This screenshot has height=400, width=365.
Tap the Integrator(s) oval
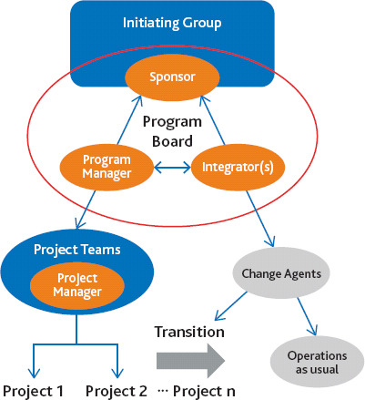[x=236, y=167]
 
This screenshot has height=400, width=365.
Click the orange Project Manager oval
[x=77, y=283]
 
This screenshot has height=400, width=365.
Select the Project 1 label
[x=33, y=390]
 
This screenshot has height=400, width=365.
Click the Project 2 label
[x=117, y=390]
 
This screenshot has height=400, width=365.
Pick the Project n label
[x=203, y=390]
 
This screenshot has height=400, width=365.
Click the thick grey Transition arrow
[x=189, y=360]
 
